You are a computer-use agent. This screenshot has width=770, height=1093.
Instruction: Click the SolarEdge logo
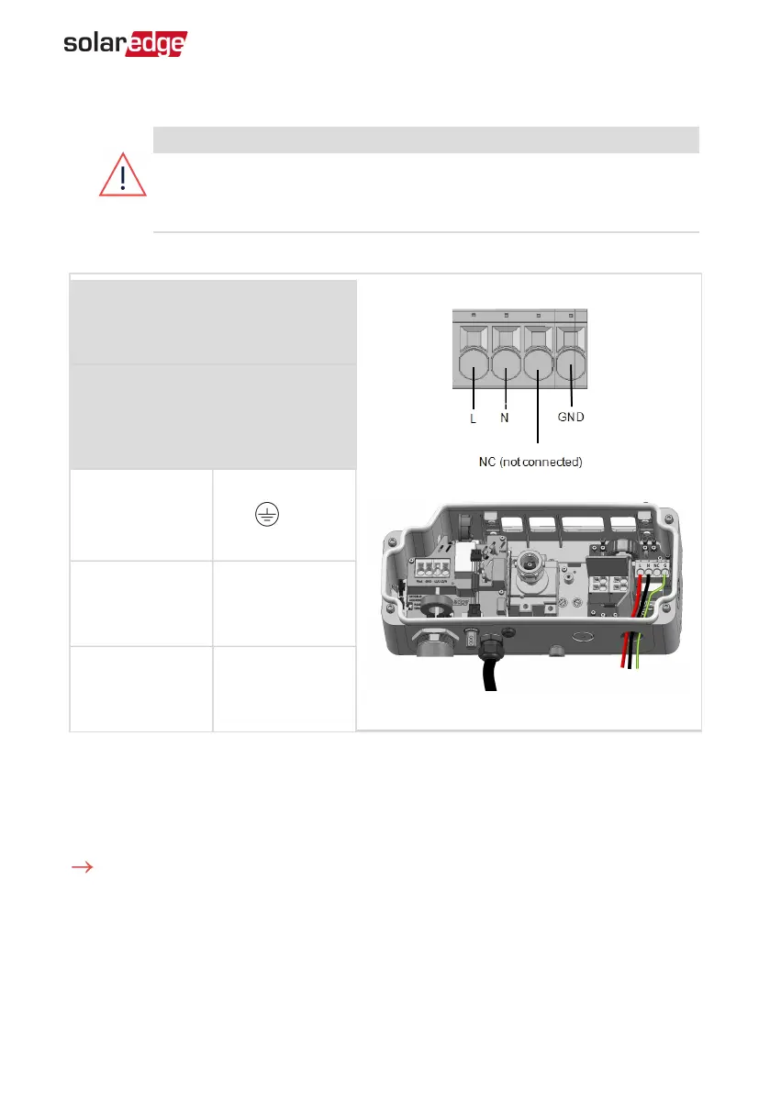coord(125,44)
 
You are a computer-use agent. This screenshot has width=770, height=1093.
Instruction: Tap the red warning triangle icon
coord(122,173)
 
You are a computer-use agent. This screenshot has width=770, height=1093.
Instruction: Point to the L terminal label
coord(472,418)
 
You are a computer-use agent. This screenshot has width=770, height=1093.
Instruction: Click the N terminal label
coord(504,418)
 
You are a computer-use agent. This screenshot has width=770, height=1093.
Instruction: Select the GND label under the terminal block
coord(571,418)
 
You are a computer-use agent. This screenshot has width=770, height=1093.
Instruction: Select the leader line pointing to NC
coord(536,422)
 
